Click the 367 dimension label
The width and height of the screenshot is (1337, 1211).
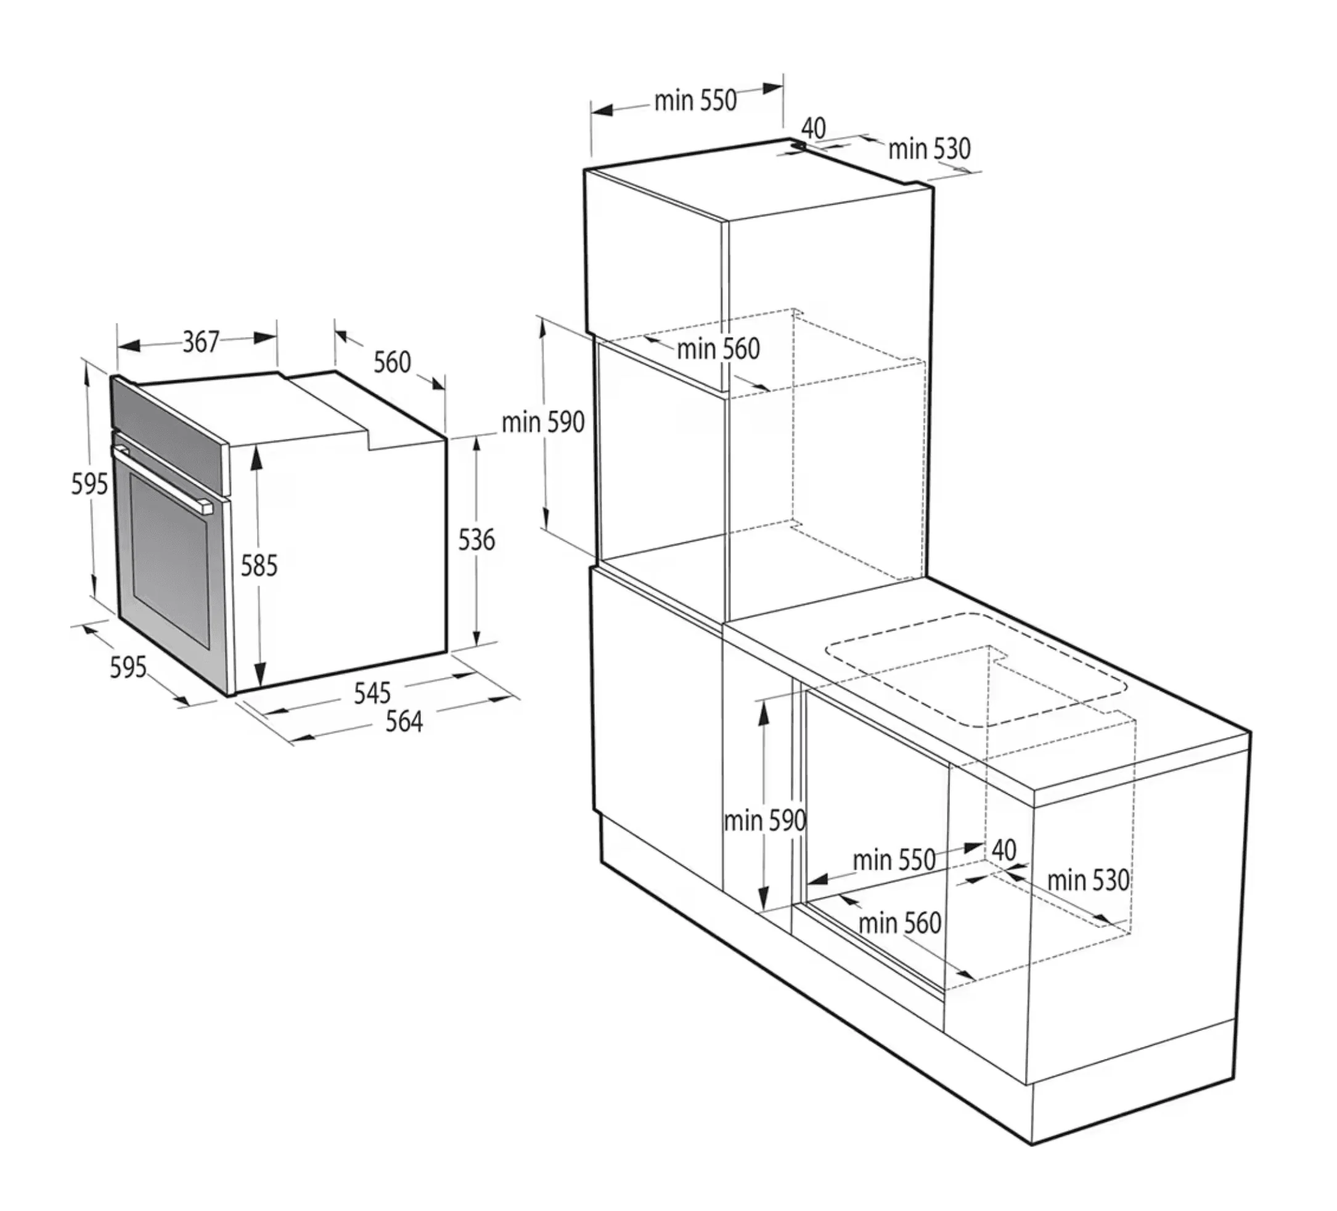(x=201, y=341)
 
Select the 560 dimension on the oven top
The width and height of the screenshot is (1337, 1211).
(x=392, y=362)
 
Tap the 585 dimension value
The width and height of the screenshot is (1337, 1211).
(x=259, y=566)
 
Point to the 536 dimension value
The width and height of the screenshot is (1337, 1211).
(x=476, y=540)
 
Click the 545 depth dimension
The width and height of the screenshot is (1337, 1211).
(x=372, y=693)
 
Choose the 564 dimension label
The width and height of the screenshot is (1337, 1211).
(x=404, y=722)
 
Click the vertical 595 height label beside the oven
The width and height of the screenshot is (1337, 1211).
(x=89, y=484)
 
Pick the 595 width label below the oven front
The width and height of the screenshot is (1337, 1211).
(x=128, y=667)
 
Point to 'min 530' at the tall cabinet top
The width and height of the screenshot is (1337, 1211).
(x=929, y=149)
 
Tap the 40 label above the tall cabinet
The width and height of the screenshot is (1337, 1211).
(x=814, y=128)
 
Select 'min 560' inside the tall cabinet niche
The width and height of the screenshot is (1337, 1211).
(x=718, y=349)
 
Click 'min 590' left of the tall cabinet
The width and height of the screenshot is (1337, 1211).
(x=543, y=422)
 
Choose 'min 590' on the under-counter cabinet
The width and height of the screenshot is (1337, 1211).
(x=765, y=821)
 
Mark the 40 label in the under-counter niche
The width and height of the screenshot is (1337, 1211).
(x=1004, y=850)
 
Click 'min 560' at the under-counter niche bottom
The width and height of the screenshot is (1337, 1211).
(x=900, y=923)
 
